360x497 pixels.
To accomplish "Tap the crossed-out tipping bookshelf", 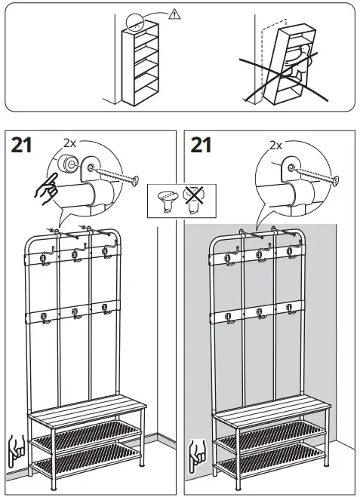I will coord(285,60).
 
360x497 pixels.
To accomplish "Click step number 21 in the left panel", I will coord(22,145).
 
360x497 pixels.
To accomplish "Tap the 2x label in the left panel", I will coord(70,143).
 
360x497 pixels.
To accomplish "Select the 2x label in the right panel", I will coord(275,145).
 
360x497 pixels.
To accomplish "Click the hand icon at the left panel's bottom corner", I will coord(14,448).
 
